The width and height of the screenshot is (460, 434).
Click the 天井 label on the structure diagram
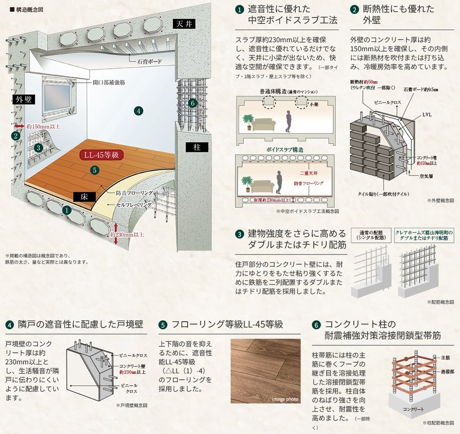tap(184, 23)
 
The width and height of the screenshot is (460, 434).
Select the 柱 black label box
tap(197, 147)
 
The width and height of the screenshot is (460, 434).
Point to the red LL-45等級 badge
tap(100, 156)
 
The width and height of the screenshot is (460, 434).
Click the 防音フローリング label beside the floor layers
tap(134, 193)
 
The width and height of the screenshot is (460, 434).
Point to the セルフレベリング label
tap(134, 205)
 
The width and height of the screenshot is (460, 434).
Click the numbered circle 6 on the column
tap(191, 103)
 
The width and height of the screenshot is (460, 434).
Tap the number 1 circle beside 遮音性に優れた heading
tap(239, 9)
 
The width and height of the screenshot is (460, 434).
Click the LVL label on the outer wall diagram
tap(427, 114)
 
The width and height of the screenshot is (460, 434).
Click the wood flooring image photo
tap(265, 371)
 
